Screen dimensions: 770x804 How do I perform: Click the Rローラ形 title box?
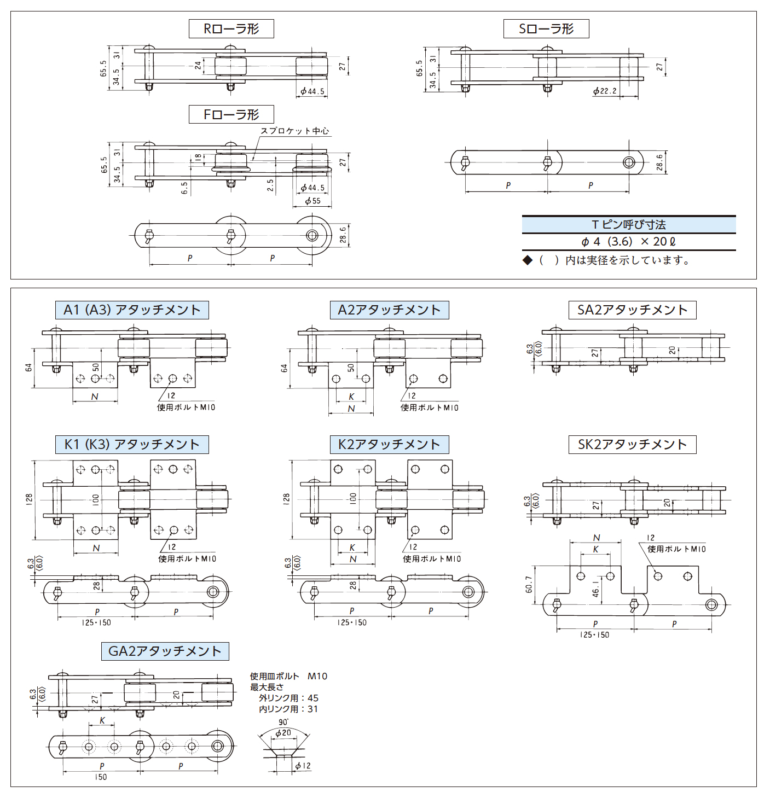[231, 28]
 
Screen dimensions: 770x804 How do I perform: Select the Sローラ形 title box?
[546, 28]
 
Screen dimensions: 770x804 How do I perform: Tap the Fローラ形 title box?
[231, 114]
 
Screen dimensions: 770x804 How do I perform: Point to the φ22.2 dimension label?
[605, 90]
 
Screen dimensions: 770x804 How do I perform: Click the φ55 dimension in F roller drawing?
[313, 201]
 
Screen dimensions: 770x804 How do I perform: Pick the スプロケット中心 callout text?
[294, 131]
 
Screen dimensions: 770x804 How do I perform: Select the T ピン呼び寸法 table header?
[629, 225]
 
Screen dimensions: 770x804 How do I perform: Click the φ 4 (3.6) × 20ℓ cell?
[629, 242]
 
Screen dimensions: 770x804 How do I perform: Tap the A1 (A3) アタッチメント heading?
[132, 310]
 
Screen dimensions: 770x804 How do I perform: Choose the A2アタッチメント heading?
[389, 310]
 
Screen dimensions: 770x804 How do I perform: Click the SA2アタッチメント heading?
[633, 310]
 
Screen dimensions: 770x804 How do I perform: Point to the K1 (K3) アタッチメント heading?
[132, 444]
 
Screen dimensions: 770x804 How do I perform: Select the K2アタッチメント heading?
[389, 444]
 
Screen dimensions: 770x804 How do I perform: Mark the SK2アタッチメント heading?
[633, 444]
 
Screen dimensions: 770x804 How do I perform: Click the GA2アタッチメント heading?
[165, 651]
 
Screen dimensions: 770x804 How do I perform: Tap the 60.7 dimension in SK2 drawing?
[529, 585]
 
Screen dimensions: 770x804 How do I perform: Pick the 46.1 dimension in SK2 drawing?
[595, 588]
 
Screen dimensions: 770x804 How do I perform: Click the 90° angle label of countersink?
[283, 722]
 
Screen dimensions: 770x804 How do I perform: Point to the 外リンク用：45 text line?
[288, 698]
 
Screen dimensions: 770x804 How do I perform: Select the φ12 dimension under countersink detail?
[303, 766]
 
